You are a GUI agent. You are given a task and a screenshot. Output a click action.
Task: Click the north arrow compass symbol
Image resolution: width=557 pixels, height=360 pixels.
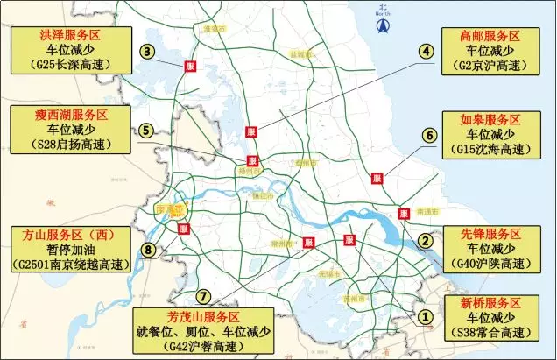(382, 25)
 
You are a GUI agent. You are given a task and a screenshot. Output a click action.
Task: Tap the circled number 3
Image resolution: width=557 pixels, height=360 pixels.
(150, 52)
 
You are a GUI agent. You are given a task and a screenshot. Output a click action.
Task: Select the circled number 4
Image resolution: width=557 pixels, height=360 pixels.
(427, 52)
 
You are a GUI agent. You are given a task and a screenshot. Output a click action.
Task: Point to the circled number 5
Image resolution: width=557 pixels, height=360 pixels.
(147, 130)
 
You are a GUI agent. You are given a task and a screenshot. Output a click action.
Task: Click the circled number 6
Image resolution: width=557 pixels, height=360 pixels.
(429, 135)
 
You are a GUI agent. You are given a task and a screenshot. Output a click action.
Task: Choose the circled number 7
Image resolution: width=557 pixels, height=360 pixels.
(203, 296)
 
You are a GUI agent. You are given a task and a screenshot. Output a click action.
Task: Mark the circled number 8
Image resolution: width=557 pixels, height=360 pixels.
(149, 251)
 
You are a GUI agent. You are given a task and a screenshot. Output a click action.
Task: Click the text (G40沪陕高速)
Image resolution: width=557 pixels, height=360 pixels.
(490, 264)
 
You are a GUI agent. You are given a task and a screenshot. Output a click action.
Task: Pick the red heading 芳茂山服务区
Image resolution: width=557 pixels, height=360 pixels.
(203, 316)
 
